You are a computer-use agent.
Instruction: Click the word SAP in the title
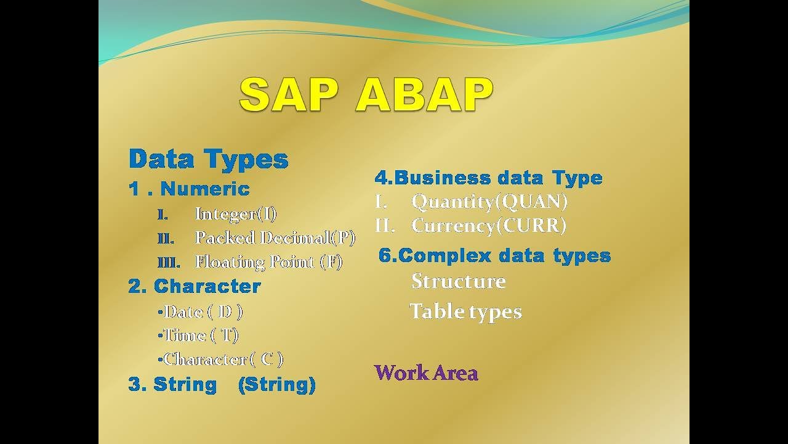289,95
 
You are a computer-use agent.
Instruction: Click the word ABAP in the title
424,95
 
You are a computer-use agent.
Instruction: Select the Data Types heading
209,159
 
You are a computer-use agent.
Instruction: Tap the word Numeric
205,189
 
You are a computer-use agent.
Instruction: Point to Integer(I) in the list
236,214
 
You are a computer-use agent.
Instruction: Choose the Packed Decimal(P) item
275,238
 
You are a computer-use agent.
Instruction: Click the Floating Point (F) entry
269,262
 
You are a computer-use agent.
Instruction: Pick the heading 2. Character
195,286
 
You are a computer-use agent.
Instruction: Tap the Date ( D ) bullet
201,312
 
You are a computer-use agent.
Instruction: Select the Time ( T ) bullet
198,335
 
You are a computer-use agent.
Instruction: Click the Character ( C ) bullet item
220,360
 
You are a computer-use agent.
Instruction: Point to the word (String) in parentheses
277,384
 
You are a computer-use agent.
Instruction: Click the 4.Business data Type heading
489,178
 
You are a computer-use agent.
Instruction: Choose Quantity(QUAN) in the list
489,202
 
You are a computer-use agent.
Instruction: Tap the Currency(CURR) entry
489,226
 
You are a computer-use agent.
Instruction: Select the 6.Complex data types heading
494,255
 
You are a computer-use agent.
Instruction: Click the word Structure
459,281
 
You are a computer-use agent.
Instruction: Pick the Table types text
466,312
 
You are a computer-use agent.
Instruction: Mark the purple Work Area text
427,373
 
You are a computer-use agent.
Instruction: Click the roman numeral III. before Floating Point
169,263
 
